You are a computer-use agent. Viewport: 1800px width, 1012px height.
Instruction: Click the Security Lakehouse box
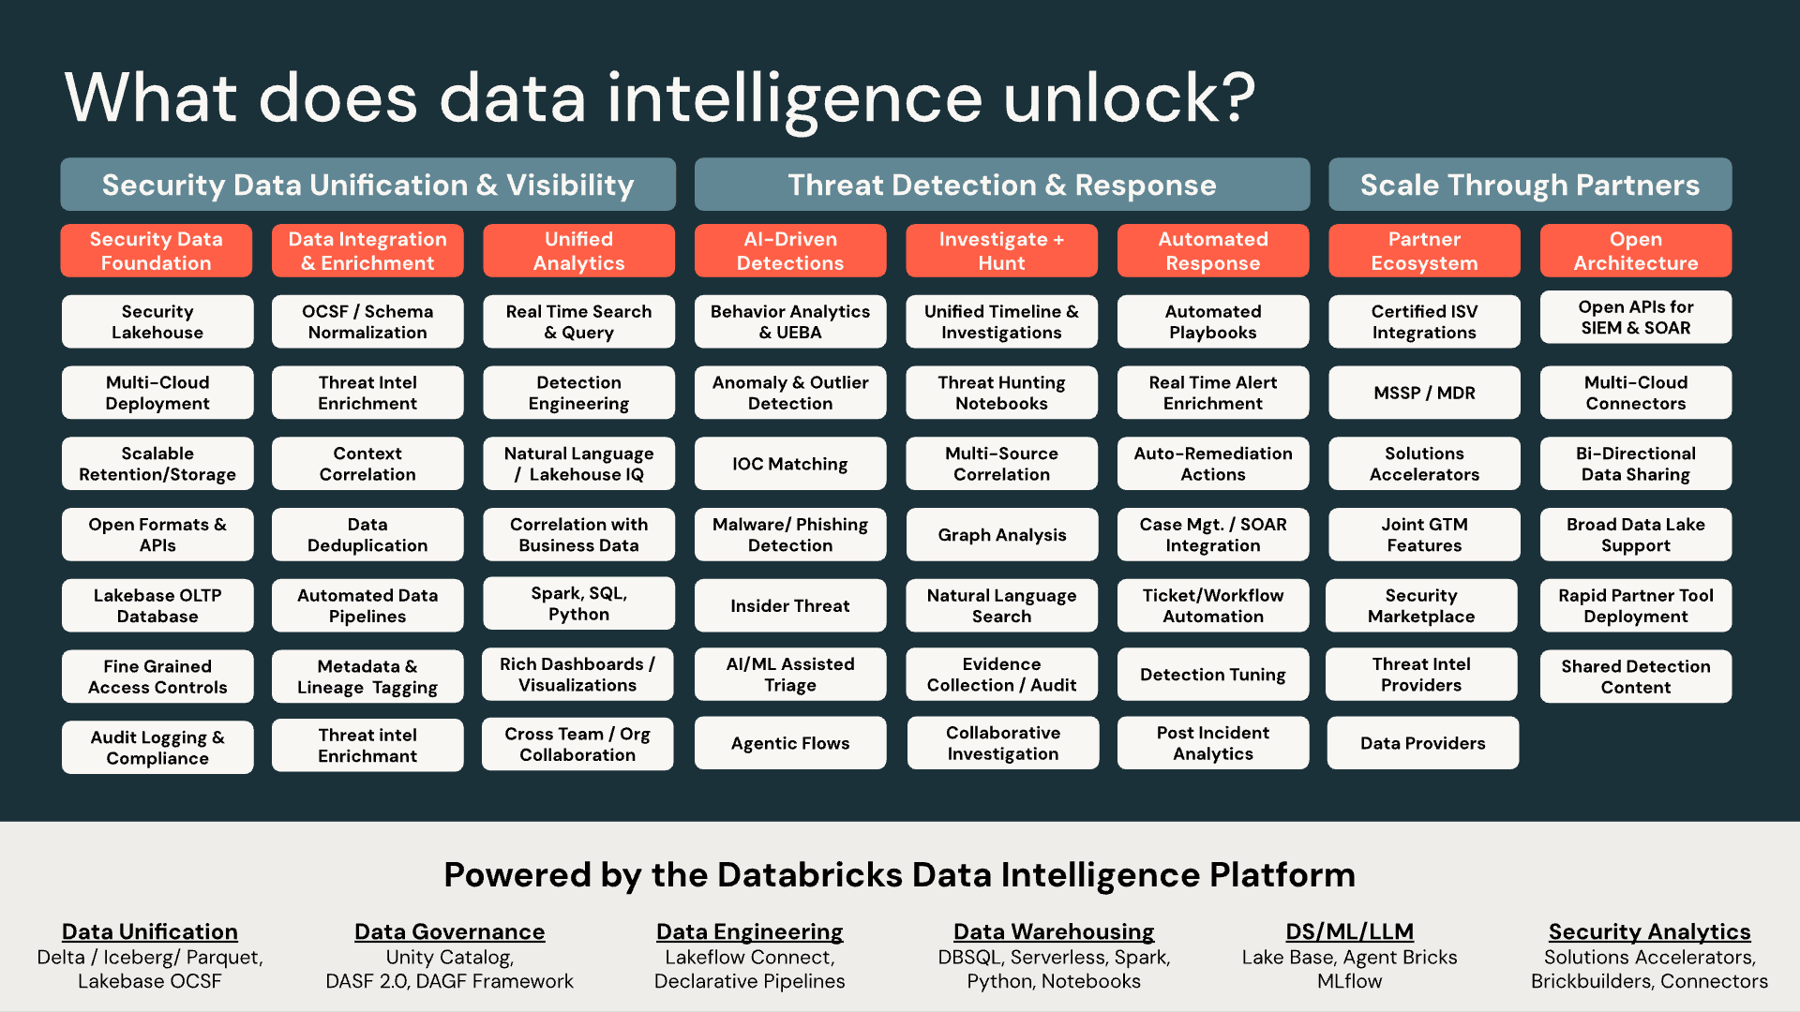[157, 321]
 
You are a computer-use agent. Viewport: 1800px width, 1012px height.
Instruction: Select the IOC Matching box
[790, 464]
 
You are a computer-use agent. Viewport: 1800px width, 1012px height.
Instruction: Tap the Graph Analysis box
[1001, 535]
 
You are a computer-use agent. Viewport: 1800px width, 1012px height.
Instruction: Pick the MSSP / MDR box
[1424, 393]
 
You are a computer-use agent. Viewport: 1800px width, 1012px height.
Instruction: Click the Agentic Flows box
[790, 743]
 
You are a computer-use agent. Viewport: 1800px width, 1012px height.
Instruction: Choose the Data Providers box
[1423, 743]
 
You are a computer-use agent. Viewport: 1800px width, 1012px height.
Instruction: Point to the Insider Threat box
[790, 605]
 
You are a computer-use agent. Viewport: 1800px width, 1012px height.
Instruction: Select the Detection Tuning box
[1213, 675]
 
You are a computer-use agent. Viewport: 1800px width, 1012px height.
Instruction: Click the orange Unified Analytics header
[578, 251]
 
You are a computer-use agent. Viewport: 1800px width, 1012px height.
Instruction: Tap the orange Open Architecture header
[1636, 251]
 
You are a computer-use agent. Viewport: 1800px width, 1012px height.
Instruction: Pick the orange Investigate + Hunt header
[1001, 251]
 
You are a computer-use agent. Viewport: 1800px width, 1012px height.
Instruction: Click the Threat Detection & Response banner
[1002, 185]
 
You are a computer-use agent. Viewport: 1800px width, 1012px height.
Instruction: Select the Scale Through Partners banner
[1530, 185]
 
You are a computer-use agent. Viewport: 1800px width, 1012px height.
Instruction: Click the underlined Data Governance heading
[450, 932]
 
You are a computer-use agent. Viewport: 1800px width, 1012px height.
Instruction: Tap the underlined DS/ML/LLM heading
[1350, 932]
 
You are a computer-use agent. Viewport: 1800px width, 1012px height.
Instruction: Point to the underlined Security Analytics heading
[1650, 932]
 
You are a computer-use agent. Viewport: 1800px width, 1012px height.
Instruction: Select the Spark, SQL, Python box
[578, 603]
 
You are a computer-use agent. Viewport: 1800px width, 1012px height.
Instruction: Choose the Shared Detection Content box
[1636, 677]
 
